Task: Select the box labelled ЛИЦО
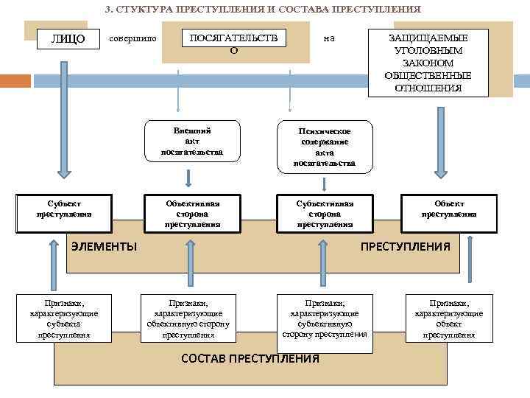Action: click(x=68, y=38)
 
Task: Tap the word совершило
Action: click(x=132, y=38)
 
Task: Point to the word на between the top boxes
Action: click(x=329, y=38)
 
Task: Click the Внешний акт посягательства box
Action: click(x=192, y=141)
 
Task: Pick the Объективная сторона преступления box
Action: click(x=192, y=214)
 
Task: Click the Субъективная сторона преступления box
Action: click(x=325, y=214)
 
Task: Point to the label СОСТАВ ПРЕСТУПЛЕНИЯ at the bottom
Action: click(x=250, y=359)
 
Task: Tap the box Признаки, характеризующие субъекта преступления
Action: click(x=63, y=318)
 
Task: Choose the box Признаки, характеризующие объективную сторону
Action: click(x=188, y=318)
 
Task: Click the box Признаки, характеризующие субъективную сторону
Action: click(x=325, y=318)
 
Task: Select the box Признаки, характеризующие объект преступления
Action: click(x=449, y=318)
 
